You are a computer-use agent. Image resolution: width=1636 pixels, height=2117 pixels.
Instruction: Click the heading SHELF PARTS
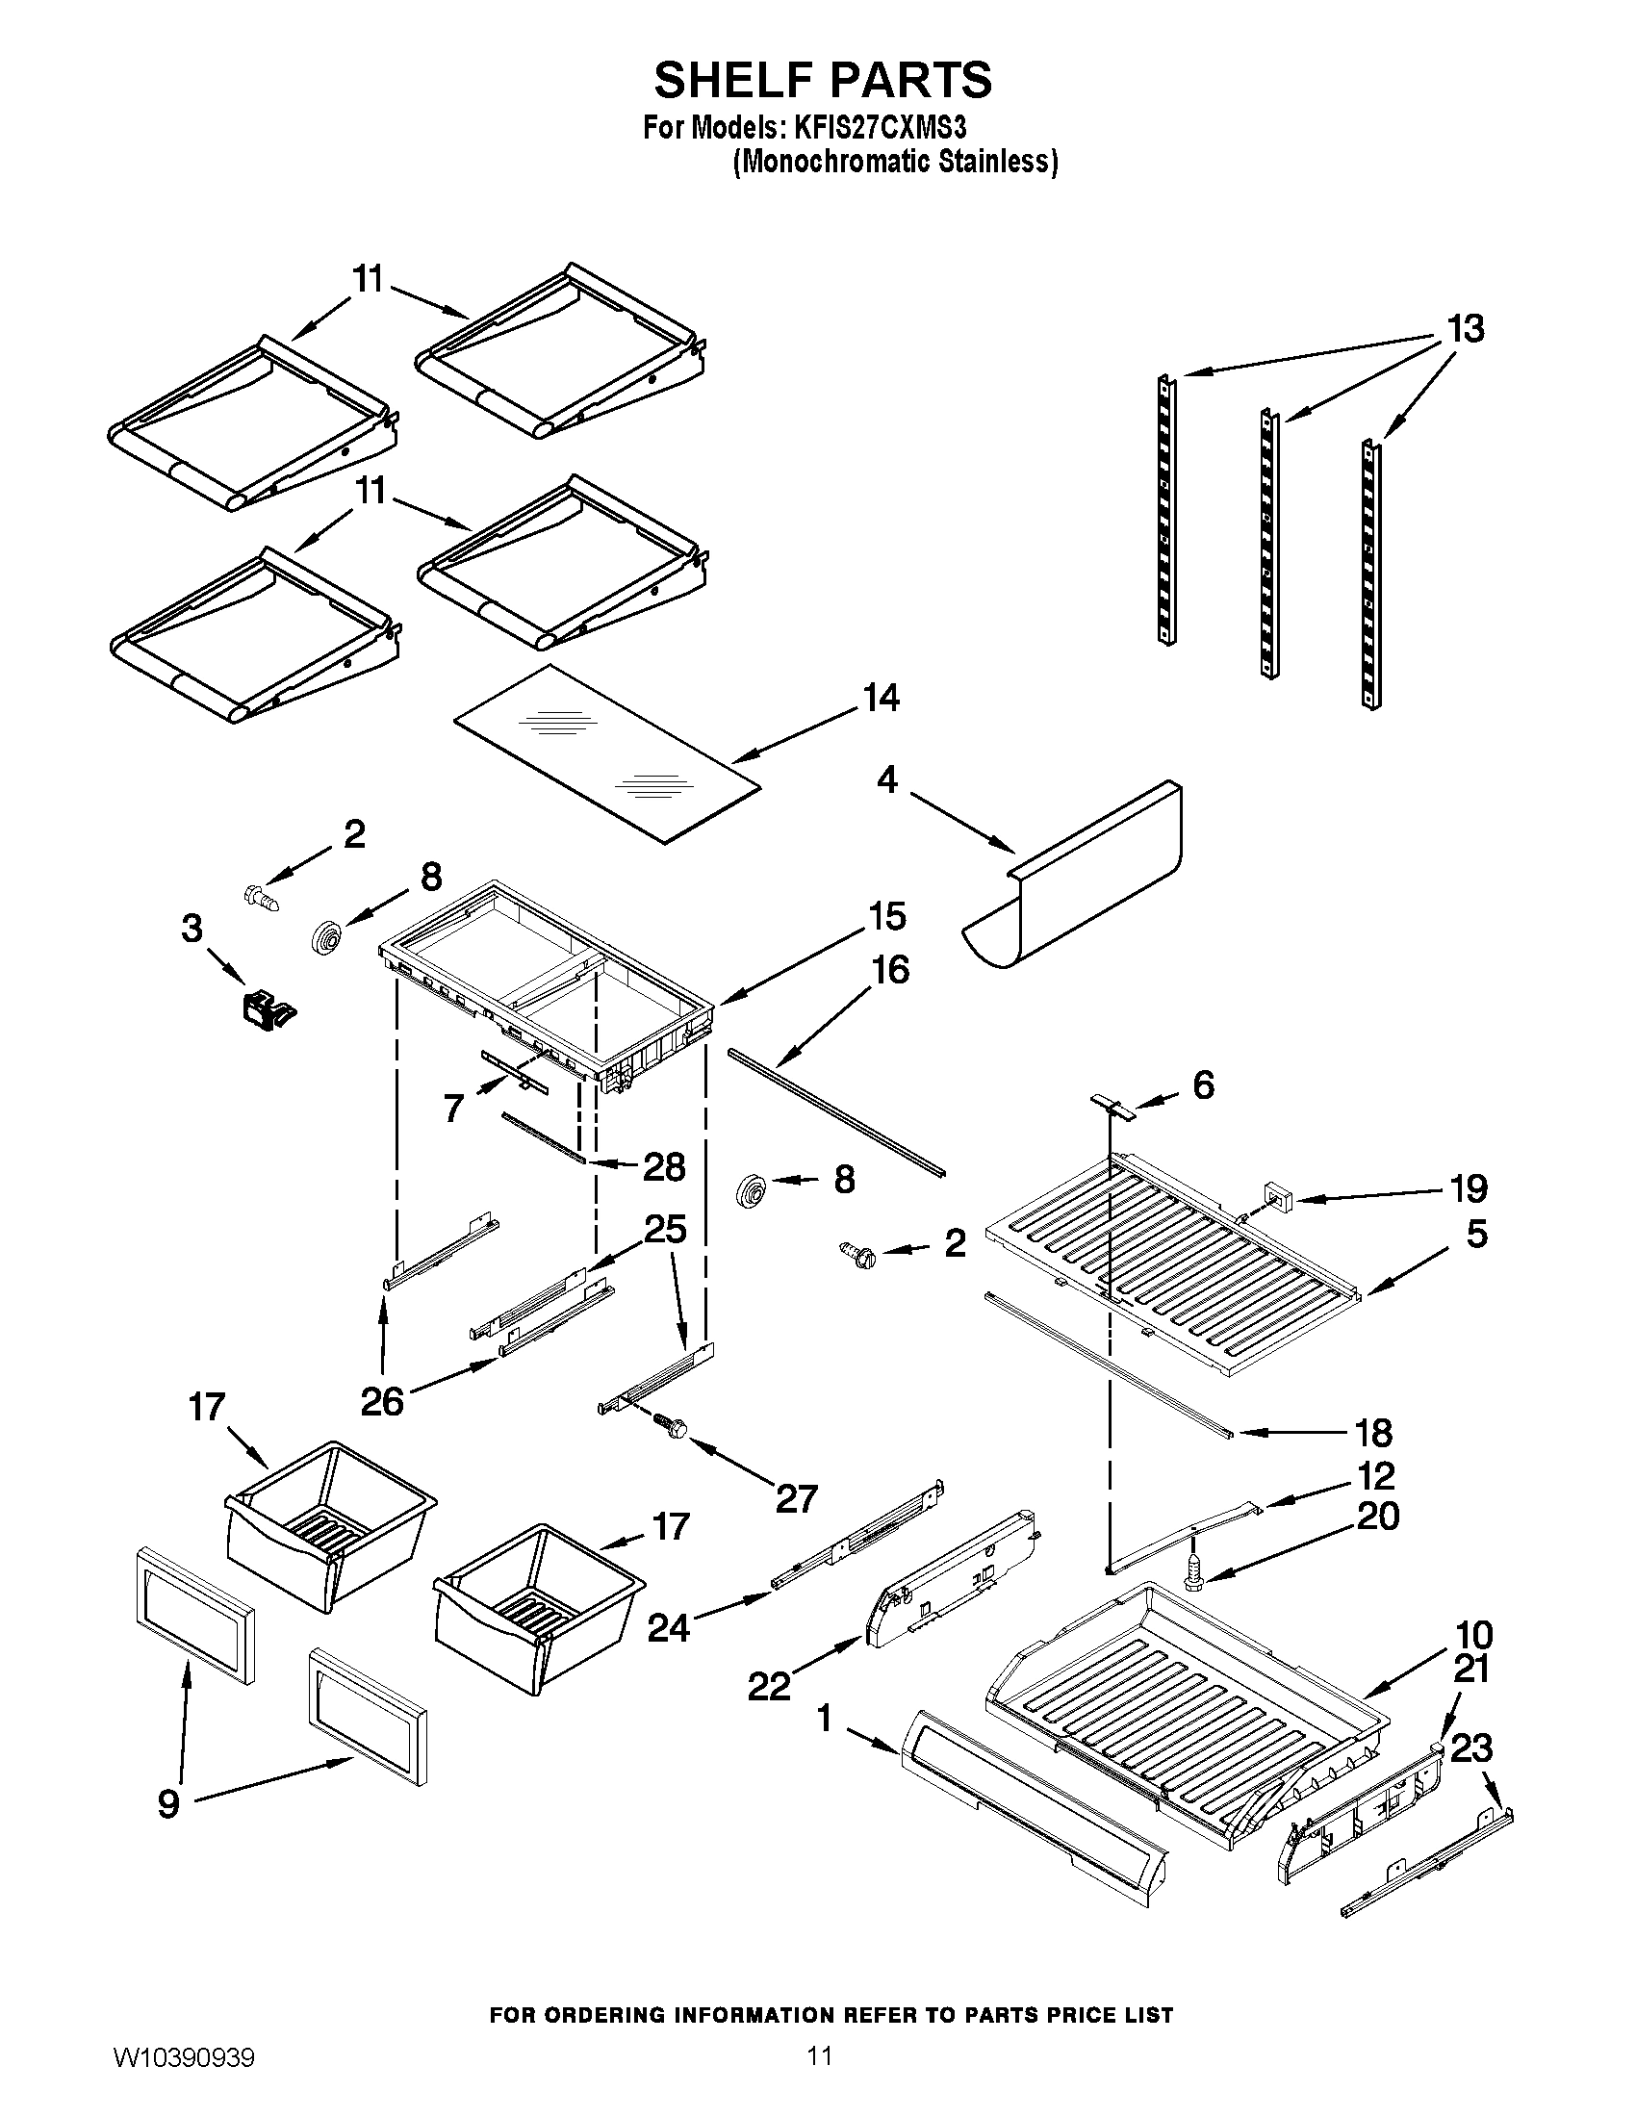[x=822, y=80]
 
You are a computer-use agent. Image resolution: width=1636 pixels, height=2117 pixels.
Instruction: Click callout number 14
[x=880, y=698]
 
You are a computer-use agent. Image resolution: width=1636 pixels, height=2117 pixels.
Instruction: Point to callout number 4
[x=888, y=779]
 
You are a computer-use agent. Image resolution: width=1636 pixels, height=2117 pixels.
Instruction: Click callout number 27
[x=796, y=1498]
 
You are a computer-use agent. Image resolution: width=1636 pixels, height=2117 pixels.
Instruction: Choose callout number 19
[x=1470, y=1187]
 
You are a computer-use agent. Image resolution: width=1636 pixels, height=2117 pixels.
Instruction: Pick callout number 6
[x=1202, y=1084]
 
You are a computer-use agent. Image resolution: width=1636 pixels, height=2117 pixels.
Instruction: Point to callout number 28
[x=664, y=1167]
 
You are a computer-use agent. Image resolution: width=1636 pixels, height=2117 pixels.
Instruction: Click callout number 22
[x=770, y=1687]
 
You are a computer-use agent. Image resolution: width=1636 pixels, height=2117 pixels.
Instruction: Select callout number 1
[x=824, y=1719]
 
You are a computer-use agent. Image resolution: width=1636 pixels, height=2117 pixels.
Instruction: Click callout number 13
[x=1465, y=329]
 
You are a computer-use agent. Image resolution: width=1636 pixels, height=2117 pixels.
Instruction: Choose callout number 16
[x=891, y=969]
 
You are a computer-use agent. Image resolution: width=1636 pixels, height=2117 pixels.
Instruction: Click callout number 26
[x=382, y=1401]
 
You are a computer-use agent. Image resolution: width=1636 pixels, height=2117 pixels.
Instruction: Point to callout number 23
[x=1471, y=1749]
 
